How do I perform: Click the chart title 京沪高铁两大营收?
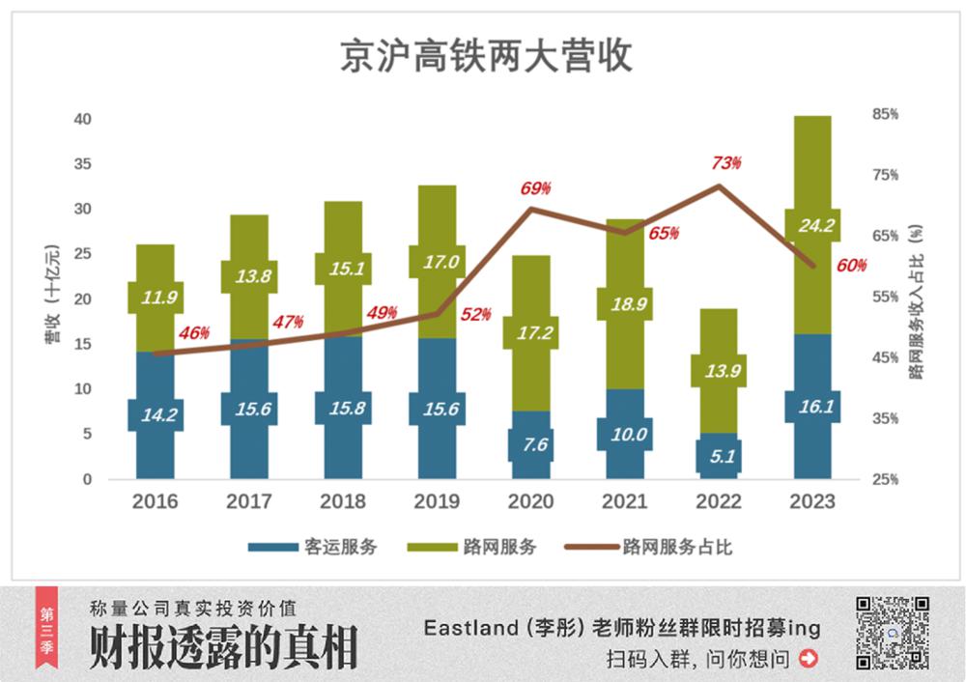tap(486, 56)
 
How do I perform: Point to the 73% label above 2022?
tap(727, 162)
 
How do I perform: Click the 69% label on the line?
tap(535, 187)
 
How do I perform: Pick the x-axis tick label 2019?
tap(437, 502)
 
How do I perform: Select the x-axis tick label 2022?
tap(719, 502)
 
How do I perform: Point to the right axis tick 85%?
tap(885, 114)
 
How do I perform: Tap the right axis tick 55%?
tap(885, 297)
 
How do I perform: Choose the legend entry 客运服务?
tap(313, 547)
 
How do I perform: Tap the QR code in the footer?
tap(893, 633)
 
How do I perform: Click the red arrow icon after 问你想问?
tap(810, 659)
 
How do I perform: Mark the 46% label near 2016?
tap(194, 332)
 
